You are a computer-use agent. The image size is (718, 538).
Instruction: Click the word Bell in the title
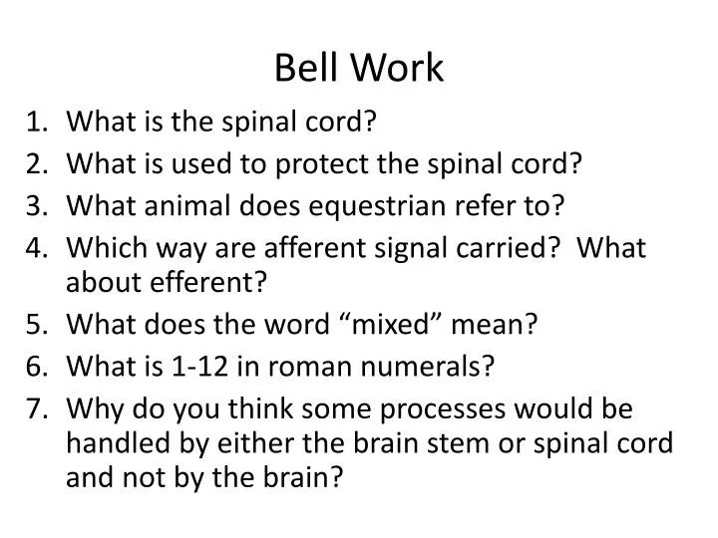302,69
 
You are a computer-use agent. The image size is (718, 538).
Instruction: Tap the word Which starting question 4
100,247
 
